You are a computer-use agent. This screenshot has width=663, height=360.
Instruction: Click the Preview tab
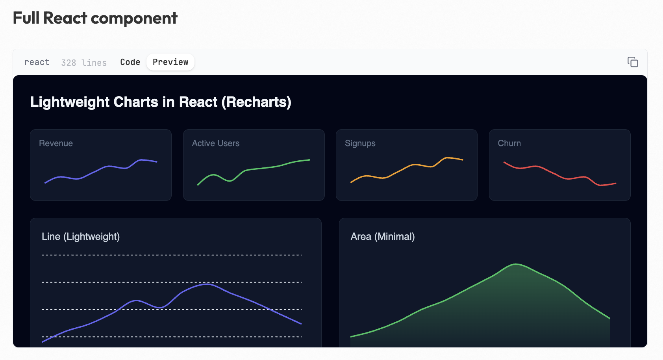click(170, 62)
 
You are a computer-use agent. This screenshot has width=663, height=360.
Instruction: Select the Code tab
click(130, 62)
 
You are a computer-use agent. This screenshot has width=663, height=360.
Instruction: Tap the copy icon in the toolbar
click(632, 62)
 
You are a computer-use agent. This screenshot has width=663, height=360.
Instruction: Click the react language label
click(37, 62)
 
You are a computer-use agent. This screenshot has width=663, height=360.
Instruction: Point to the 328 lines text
click(84, 63)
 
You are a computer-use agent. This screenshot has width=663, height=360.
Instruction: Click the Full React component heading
click(95, 18)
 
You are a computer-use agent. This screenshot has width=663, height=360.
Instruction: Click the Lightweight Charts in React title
click(161, 102)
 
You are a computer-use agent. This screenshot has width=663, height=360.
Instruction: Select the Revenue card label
click(56, 143)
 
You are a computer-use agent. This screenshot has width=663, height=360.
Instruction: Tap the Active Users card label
click(216, 143)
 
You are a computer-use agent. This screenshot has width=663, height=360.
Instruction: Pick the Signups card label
click(360, 143)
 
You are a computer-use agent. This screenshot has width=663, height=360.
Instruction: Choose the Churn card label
click(509, 143)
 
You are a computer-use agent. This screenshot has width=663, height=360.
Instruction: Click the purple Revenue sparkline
click(109, 167)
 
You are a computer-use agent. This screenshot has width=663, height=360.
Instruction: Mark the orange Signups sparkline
click(413, 165)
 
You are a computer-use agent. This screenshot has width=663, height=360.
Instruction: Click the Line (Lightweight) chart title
click(81, 237)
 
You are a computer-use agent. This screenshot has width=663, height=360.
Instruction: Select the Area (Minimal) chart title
click(383, 237)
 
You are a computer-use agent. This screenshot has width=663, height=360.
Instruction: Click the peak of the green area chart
click(516, 264)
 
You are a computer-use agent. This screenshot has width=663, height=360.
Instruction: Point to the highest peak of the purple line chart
click(207, 284)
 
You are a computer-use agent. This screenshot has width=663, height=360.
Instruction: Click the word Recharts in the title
click(256, 102)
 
